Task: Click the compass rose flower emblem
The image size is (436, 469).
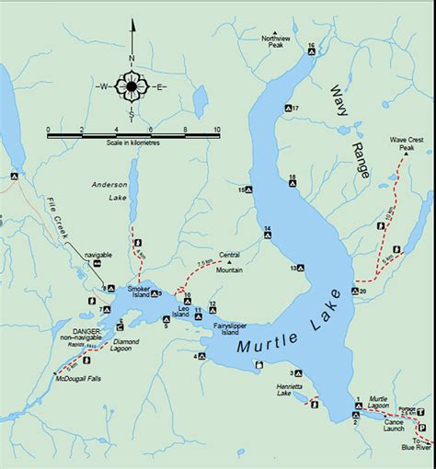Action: pos(132,88)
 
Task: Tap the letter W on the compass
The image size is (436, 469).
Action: pos(103,88)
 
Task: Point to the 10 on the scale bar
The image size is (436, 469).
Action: pos(216,130)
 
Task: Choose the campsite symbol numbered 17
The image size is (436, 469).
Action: pos(287,109)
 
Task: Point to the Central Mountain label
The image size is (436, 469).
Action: pos(229,262)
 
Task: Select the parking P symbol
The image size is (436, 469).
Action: pos(421,428)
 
